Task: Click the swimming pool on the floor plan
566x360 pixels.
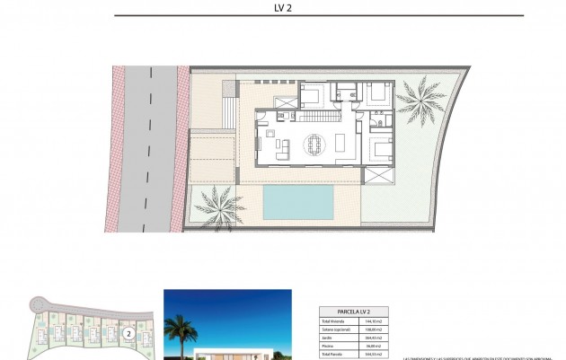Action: click(x=298, y=202)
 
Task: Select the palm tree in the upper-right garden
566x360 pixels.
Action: click(x=421, y=96)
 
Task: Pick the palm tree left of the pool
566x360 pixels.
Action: click(x=217, y=205)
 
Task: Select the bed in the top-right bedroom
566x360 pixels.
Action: click(x=377, y=92)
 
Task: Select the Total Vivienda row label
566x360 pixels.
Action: click(x=333, y=321)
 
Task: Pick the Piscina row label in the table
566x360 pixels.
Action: click(x=329, y=346)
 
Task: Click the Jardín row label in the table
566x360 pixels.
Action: click(x=328, y=338)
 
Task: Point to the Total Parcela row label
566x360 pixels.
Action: click(x=332, y=354)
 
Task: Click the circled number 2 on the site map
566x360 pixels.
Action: click(x=129, y=333)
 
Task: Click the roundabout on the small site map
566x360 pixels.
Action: click(x=37, y=304)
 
